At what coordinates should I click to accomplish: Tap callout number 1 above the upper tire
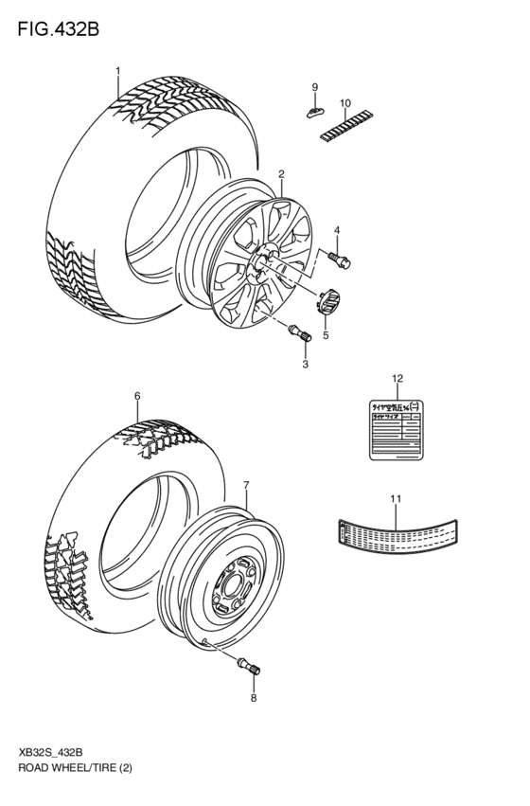pyautogui.click(x=118, y=71)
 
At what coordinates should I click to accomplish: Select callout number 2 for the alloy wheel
pyautogui.click(x=281, y=173)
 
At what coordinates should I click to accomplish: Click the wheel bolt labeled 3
pyautogui.click(x=298, y=332)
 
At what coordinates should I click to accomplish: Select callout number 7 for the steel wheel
pyautogui.click(x=246, y=487)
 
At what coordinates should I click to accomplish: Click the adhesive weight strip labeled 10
pyautogui.click(x=344, y=124)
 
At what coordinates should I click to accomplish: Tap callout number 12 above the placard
pyautogui.click(x=397, y=379)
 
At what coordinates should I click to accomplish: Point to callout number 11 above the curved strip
pyautogui.click(x=396, y=498)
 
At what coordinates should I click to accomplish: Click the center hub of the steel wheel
pyautogui.click(x=230, y=586)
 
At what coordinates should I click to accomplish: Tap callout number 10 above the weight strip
pyautogui.click(x=344, y=102)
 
